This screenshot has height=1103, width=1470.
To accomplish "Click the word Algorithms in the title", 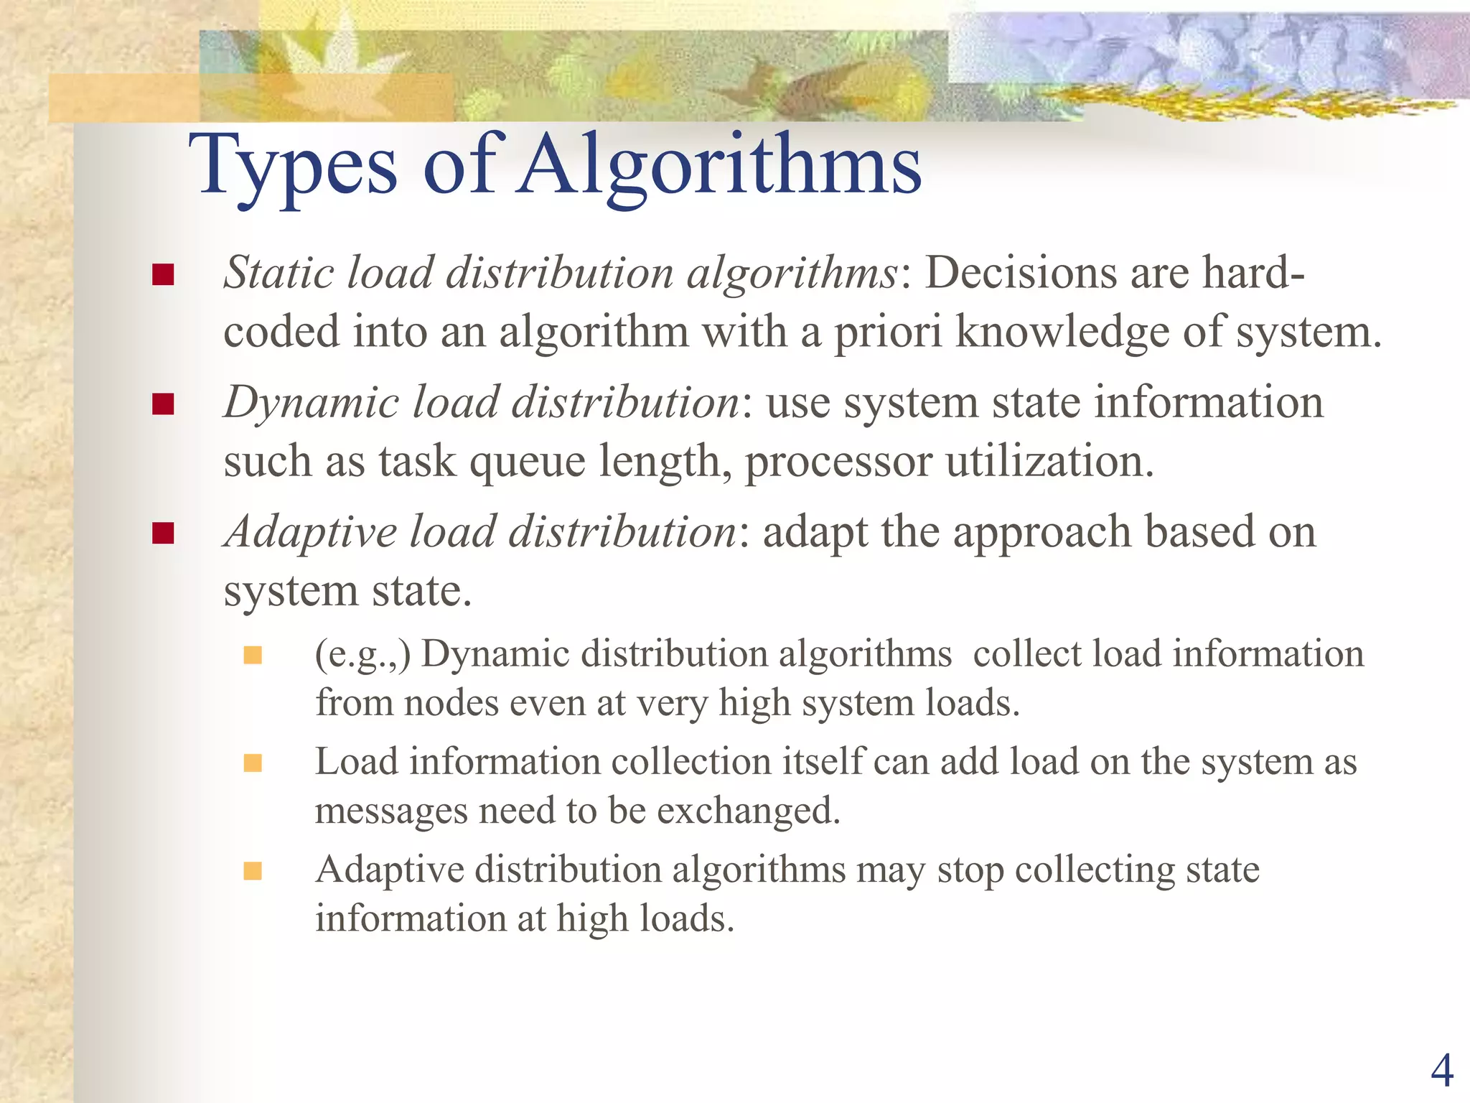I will (721, 167).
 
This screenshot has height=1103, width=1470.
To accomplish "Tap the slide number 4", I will (1441, 1071).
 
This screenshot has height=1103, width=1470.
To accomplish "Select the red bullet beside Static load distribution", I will (164, 275).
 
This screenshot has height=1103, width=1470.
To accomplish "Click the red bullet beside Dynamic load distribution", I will (164, 404).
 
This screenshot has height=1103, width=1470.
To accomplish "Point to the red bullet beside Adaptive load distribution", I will (164, 534).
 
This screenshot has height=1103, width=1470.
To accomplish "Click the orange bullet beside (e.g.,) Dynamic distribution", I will (253, 655).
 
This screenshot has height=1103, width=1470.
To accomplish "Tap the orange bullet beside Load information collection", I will (253, 763).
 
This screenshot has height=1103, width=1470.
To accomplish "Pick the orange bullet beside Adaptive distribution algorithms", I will (253, 871).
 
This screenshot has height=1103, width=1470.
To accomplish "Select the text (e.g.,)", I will (362, 655).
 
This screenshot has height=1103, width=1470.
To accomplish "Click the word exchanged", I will (748, 811).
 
